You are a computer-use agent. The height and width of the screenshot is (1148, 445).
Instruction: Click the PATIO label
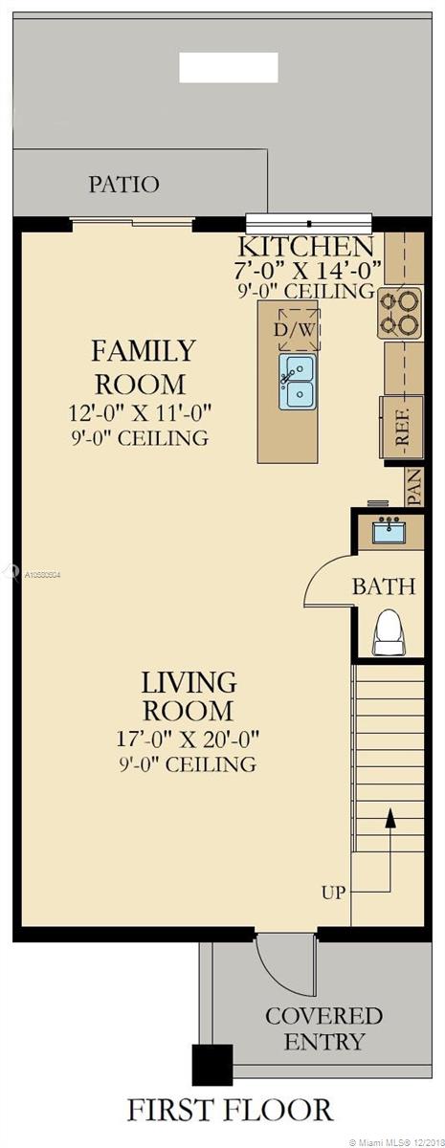click(x=123, y=184)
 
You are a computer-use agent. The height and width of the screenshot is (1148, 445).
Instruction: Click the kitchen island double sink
click(x=298, y=381)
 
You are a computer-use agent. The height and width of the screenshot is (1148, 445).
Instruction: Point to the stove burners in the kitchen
click(x=401, y=312)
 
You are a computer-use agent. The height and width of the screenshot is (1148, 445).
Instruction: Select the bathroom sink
click(x=389, y=530)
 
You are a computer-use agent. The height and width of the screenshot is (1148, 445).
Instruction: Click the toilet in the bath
click(x=389, y=631)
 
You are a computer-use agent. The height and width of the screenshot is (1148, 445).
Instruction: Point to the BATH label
click(x=384, y=586)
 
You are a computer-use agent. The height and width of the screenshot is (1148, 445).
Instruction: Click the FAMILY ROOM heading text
click(x=143, y=367)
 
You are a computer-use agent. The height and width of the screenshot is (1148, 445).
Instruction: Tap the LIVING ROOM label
click(x=188, y=696)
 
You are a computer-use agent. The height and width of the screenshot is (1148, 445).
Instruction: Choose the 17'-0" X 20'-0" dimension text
click(x=188, y=739)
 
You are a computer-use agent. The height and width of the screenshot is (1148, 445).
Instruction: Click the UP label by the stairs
click(x=333, y=892)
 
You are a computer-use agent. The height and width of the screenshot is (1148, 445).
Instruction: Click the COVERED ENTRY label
click(x=323, y=1027)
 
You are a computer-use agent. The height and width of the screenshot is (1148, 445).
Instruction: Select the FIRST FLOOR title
click(x=230, y=1110)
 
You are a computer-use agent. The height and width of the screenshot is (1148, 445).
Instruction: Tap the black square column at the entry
click(x=212, y=1064)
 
